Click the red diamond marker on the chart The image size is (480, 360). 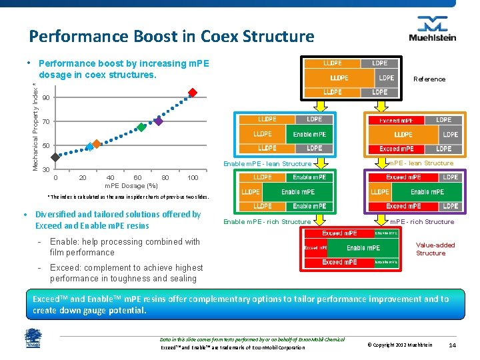[193, 93]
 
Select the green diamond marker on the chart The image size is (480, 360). [141, 127]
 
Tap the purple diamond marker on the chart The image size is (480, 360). [159, 121]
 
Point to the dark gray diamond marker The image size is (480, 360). [55, 158]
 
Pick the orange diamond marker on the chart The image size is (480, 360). [96, 143]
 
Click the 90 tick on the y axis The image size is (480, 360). [45, 98]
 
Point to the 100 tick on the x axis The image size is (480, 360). [193, 178]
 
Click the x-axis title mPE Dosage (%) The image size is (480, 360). [131, 185]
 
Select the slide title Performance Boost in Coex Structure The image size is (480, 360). [171, 36]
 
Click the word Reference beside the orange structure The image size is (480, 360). [429, 79]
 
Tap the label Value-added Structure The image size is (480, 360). [435, 249]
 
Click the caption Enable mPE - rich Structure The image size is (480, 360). [267, 221]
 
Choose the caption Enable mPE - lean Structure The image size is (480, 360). [267, 163]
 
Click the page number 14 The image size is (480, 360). [452, 345]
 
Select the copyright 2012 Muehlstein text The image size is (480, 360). [400, 345]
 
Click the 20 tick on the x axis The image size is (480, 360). [83, 178]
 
